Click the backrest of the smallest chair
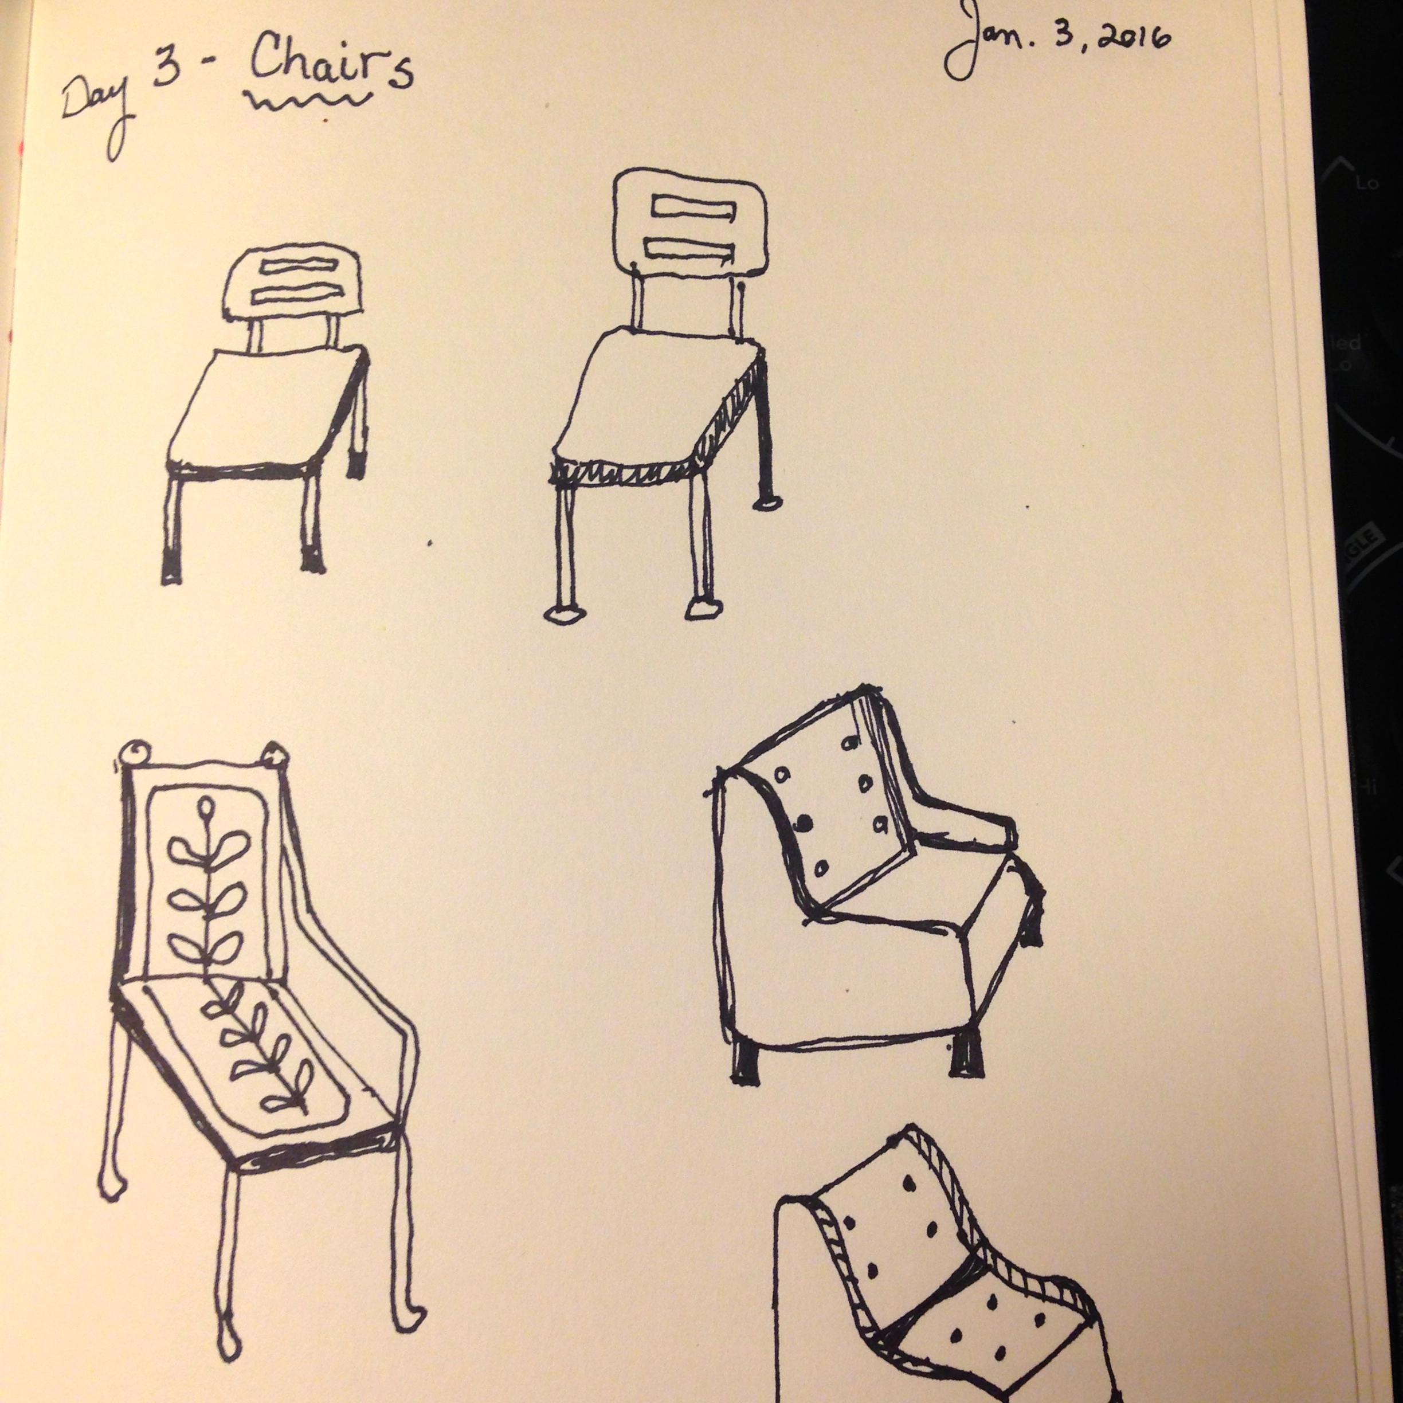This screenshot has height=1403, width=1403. tap(291, 286)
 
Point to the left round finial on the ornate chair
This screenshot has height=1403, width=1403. tap(133, 755)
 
